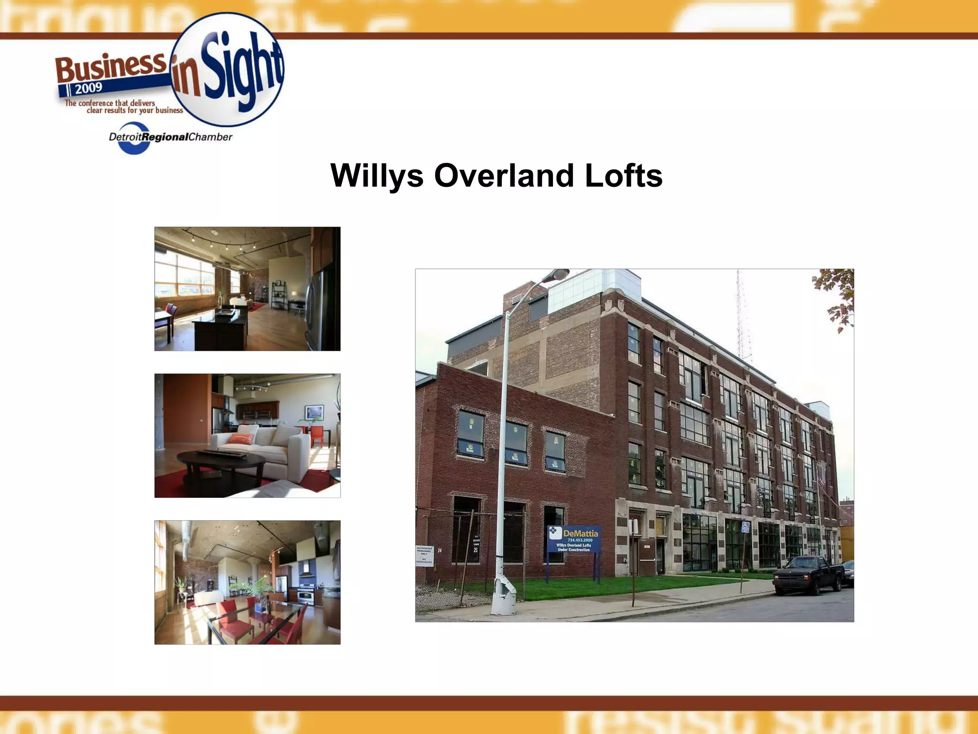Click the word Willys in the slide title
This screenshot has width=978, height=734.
(x=377, y=176)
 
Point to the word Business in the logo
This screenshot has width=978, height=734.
(x=111, y=67)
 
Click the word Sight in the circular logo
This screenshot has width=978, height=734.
(x=241, y=67)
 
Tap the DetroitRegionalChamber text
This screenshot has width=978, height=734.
(x=170, y=137)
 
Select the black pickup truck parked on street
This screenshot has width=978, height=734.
(x=808, y=575)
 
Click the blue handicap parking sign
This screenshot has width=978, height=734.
(x=745, y=527)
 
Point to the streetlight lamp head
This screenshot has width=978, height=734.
(x=557, y=275)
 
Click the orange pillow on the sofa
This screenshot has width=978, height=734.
(x=241, y=438)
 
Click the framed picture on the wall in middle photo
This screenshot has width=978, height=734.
(x=314, y=412)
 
